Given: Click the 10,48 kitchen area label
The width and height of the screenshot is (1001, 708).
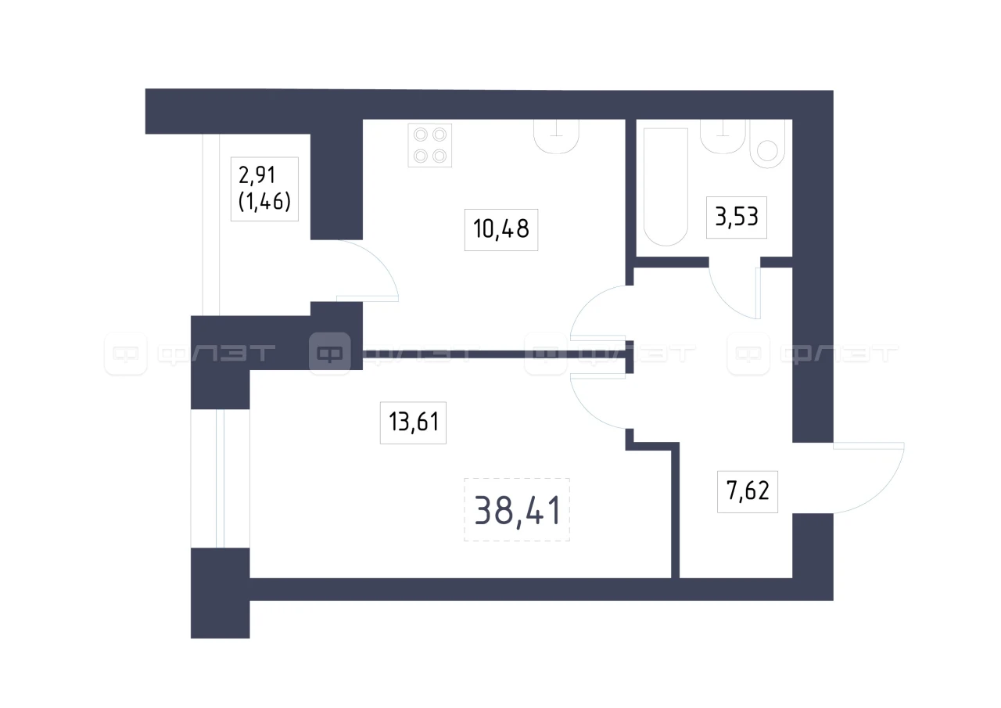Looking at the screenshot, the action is [x=501, y=229].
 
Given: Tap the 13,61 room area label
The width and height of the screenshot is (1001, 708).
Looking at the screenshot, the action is [x=414, y=422].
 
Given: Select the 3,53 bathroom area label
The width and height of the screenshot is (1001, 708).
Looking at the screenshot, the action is [x=737, y=217].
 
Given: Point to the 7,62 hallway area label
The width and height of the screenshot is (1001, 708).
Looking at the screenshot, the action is [x=748, y=491].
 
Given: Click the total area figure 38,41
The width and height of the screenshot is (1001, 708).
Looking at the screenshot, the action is [x=517, y=510].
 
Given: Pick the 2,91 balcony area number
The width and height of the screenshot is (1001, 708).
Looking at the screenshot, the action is [x=257, y=175].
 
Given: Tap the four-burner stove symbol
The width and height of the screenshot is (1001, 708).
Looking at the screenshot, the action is [x=430, y=146].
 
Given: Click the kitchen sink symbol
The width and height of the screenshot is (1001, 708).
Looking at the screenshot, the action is [x=556, y=136].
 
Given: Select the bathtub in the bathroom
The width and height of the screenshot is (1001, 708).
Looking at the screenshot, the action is [x=666, y=187].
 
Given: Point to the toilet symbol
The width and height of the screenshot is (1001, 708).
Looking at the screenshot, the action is [x=767, y=143].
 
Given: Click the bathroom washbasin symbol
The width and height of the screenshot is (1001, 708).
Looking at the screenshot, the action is [x=723, y=136].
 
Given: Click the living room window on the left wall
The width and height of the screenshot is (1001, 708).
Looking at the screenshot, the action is [x=220, y=479].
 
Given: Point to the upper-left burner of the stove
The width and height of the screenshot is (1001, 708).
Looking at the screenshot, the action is [x=421, y=135].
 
